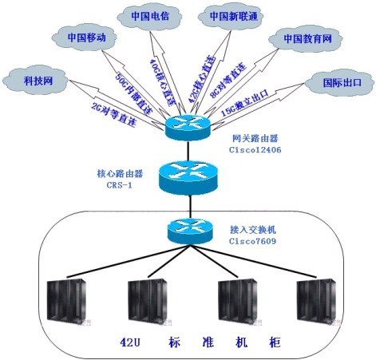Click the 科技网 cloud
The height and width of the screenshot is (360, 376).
point(38,80)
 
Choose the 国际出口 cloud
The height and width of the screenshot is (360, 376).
point(342,81)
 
